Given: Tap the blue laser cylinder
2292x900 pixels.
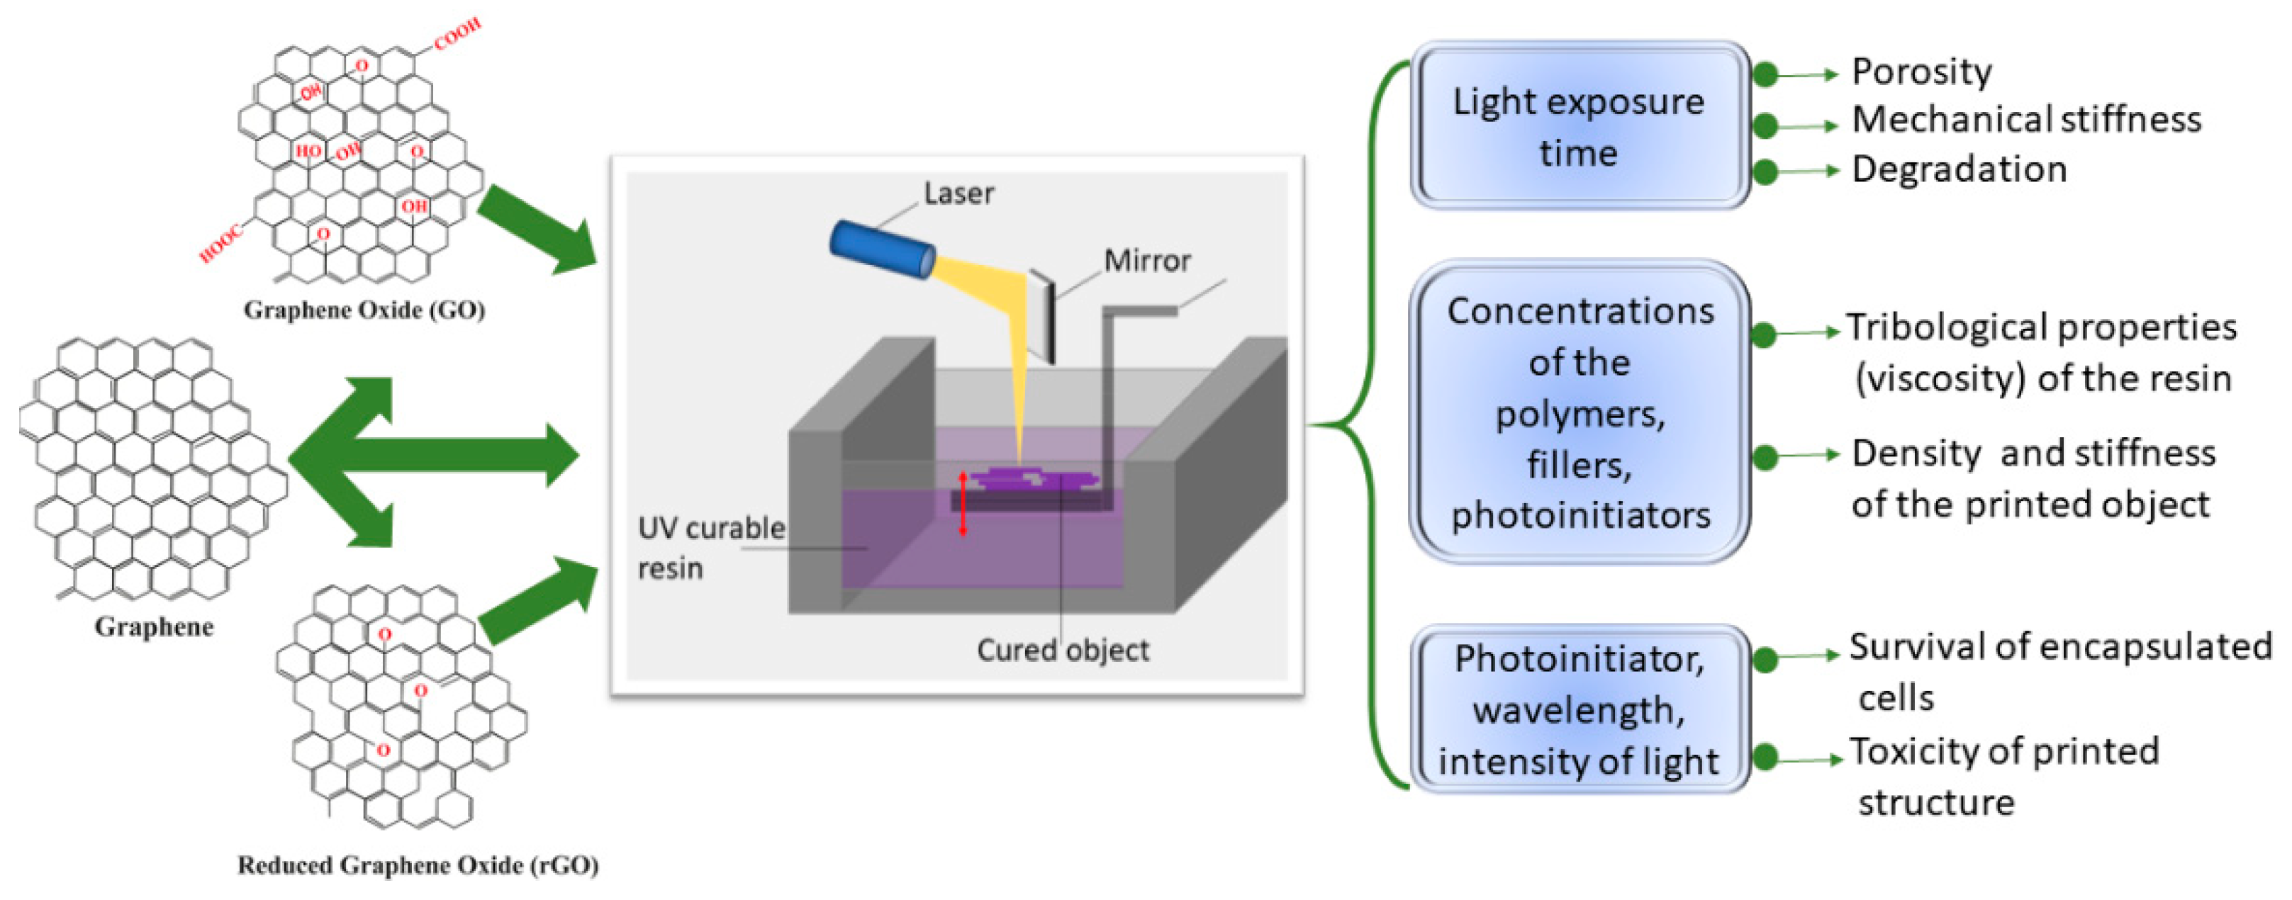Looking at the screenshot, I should (881, 250).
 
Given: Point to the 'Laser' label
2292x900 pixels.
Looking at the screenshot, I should (958, 193).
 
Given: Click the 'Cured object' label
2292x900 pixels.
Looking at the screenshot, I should (1063, 650).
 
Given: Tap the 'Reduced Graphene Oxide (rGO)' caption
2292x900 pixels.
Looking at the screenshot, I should (418, 865).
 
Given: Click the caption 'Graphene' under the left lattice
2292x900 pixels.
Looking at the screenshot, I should (154, 627).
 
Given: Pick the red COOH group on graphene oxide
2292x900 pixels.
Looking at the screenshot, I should (457, 34).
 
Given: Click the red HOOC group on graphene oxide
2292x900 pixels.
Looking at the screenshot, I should (220, 244).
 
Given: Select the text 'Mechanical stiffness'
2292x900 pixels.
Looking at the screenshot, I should (2026, 120).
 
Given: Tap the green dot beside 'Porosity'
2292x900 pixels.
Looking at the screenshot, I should (1765, 74).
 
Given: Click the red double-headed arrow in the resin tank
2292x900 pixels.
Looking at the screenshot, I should (963, 503).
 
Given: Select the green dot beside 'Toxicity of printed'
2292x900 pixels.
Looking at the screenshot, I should (1765, 758).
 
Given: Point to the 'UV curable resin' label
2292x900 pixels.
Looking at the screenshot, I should (710, 547).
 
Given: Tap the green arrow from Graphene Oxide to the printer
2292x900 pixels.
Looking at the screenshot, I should (537, 230).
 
